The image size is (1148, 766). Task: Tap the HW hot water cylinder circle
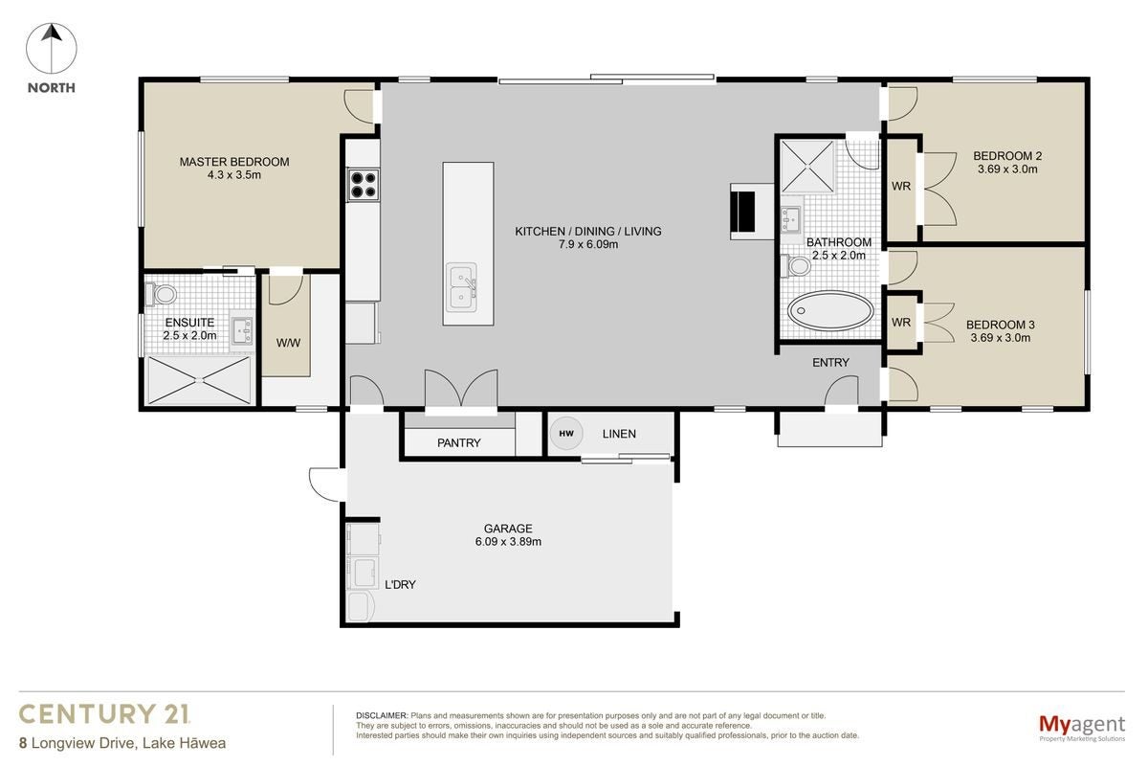[566, 434]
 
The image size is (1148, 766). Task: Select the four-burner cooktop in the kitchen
[364, 185]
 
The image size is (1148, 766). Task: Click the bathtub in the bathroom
[830, 311]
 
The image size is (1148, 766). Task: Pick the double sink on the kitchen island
[462, 287]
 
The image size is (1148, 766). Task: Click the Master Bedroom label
[234, 162]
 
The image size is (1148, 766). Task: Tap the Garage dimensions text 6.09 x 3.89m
[508, 542]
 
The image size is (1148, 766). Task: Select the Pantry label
[458, 442]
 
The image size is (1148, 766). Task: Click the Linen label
[619, 434]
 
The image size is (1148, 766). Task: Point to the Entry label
[830, 363]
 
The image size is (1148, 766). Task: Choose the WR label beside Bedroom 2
[901, 187]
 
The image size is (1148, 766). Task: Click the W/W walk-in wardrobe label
[288, 343]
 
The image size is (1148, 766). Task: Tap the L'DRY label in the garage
[400, 585]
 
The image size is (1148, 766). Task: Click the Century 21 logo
[104, 714]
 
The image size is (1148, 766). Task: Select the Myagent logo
[1082, 728]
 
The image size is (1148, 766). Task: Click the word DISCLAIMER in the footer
[382, 715]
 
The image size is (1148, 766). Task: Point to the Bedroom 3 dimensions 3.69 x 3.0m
[1001, 338]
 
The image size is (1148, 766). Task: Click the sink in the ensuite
[242, 330]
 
